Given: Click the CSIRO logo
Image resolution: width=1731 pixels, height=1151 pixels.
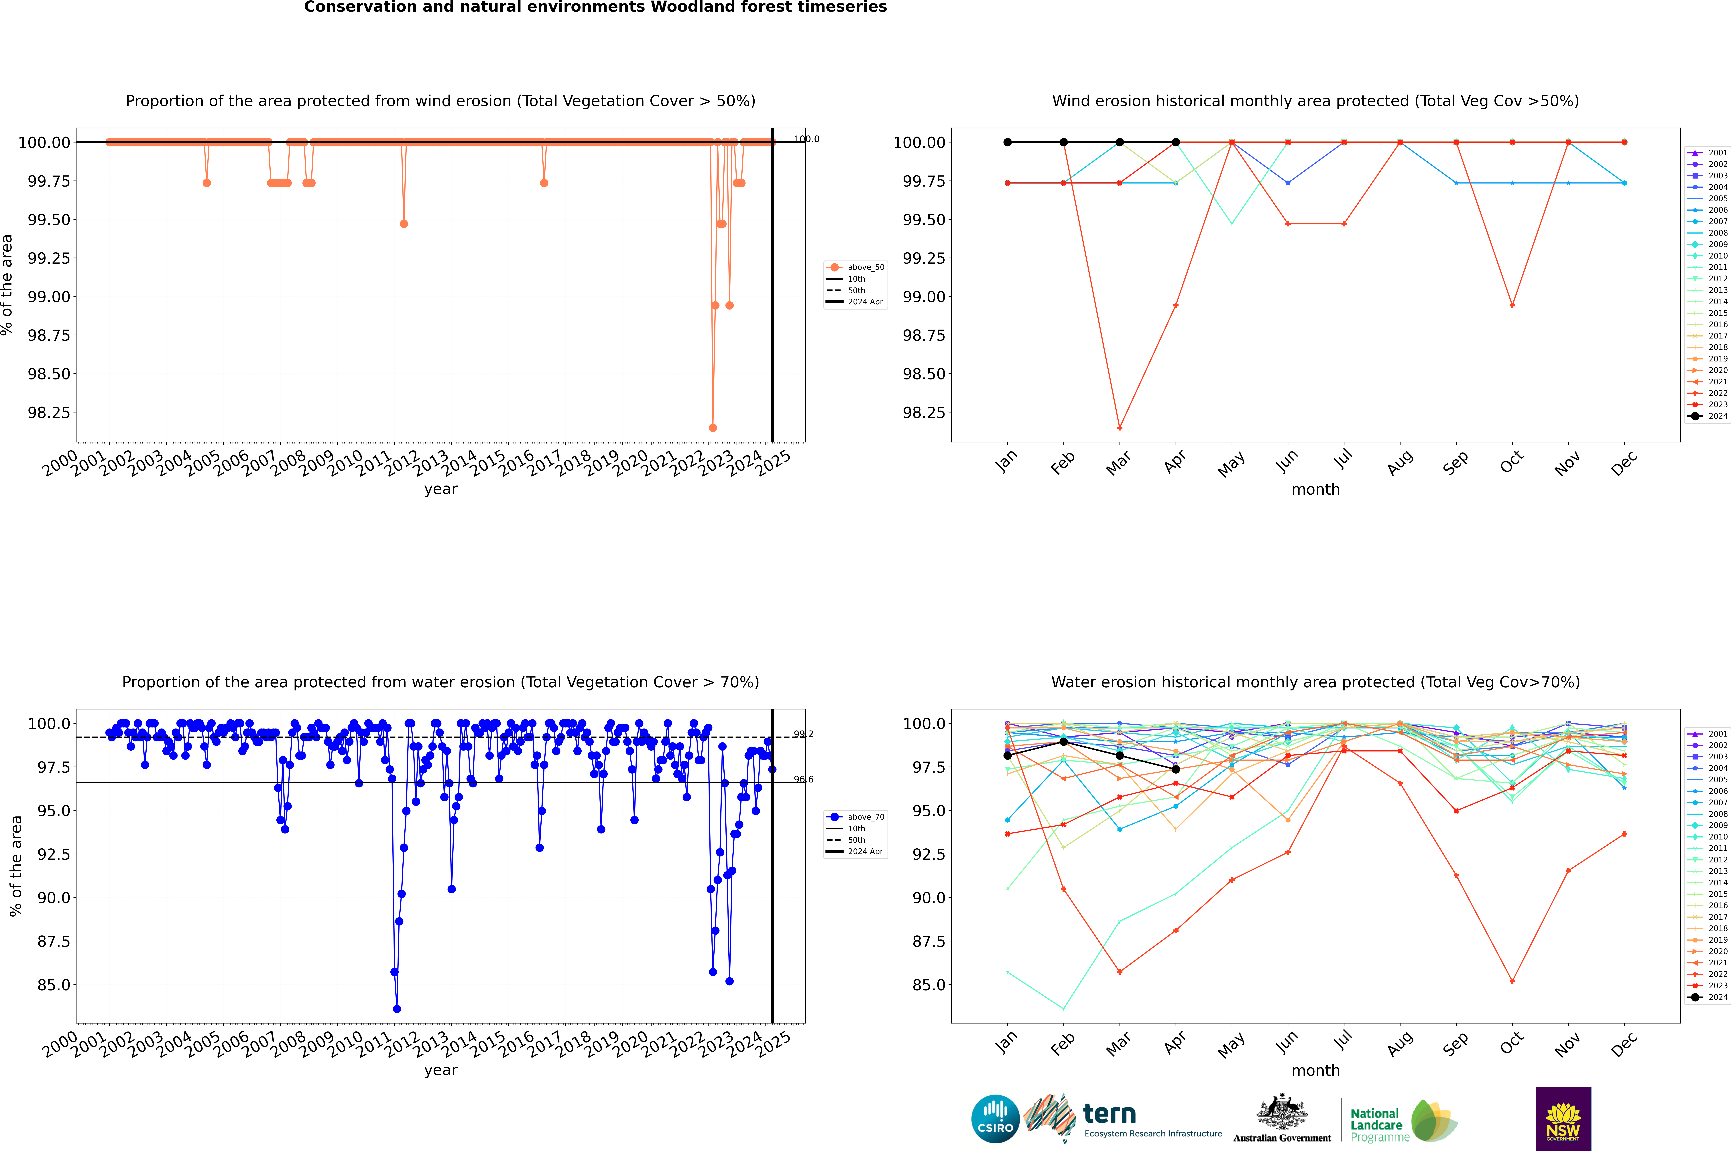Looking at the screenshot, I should [995, 1119].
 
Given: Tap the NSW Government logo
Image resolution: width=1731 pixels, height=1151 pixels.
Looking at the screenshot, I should [1563, 1119].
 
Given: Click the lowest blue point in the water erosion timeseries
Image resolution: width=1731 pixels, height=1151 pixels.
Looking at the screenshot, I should [397, 1009].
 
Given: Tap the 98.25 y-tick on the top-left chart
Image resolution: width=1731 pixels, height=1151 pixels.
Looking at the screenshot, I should [49, 412].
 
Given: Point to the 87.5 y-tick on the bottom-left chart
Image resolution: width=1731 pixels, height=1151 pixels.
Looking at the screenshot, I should [54, 941].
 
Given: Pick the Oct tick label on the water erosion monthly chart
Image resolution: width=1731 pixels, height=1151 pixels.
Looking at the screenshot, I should [1512, 1043].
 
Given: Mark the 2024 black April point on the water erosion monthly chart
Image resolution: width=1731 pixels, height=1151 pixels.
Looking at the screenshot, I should [1176, 769].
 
